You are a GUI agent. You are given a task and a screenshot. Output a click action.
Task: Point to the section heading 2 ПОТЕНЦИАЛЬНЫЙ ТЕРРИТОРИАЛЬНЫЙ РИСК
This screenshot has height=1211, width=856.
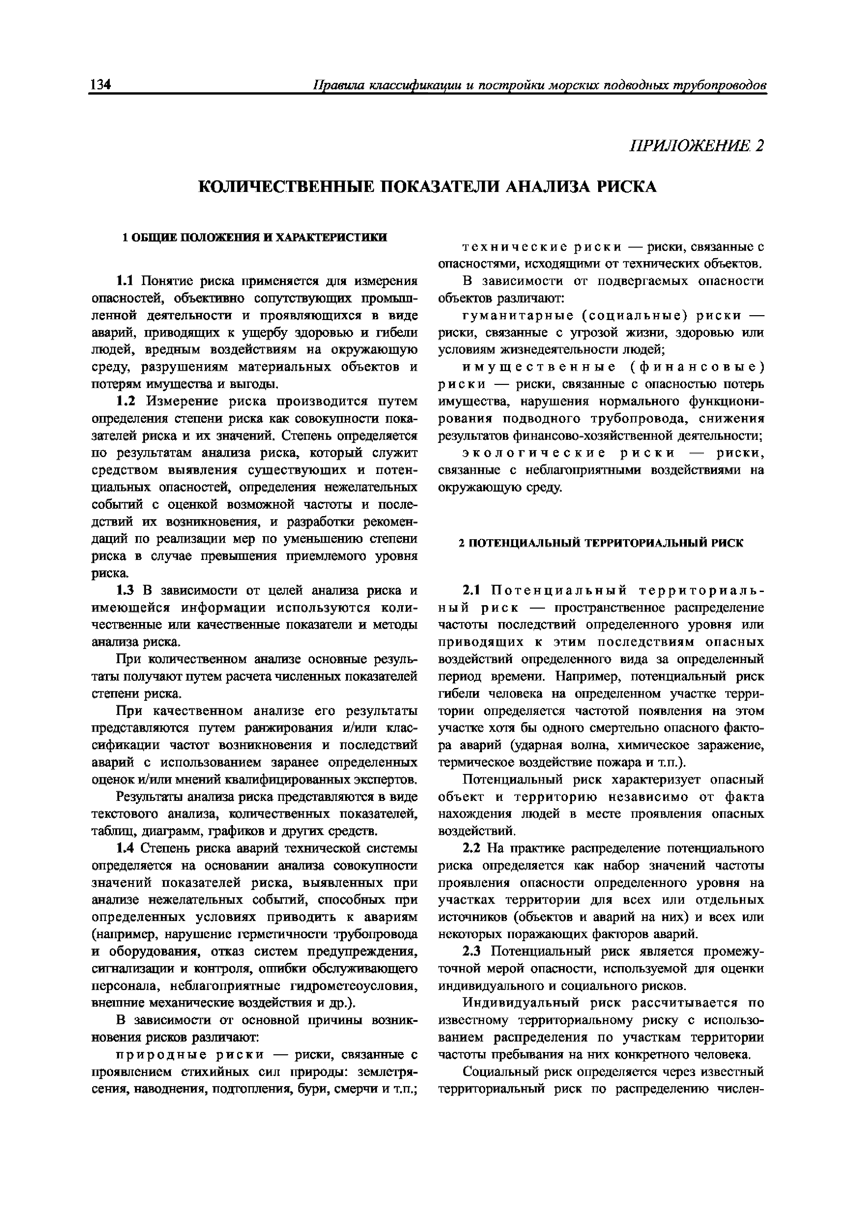(601, 543)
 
